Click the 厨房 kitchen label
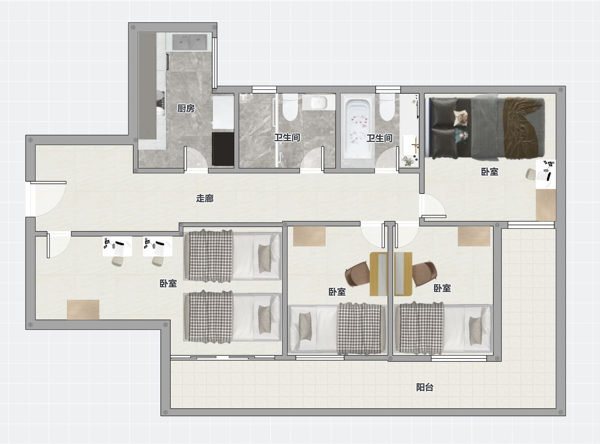coord(186,108)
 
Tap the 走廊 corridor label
coord(205,199)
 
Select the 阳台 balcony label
coord(425,387)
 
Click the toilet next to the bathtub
coord(387,107)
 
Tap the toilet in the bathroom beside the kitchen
coord(290,107)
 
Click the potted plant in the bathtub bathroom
coord(408,161)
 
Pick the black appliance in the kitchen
coord(223,149)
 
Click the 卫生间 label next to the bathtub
coord(379,138)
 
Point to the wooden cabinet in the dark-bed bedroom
coord(546,205)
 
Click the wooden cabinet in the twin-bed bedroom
coord(83,310)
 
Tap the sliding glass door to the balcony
coord(223,358)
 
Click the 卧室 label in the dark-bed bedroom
coord(489,172)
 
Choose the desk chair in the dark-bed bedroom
coord(531,175)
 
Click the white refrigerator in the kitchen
coord(223,112)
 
